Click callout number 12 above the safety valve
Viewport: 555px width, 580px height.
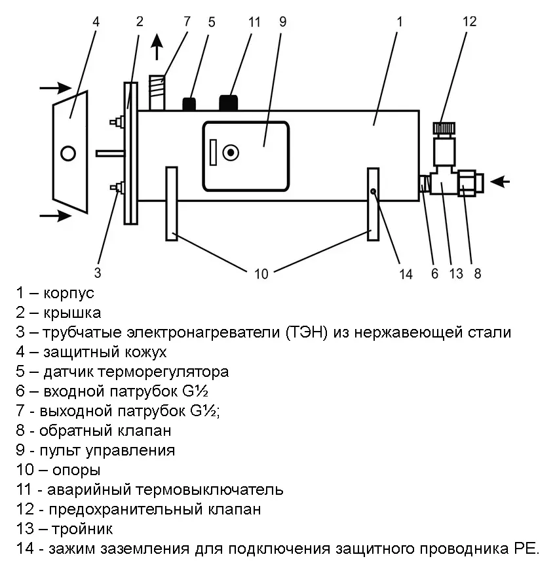[x=469, y=21]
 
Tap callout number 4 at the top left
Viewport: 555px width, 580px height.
[x=96, y=21]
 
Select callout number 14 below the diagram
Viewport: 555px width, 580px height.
[x=406, y=273]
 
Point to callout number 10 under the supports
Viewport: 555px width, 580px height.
[x=261, y=274]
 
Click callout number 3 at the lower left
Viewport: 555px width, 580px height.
[x=98, y=272]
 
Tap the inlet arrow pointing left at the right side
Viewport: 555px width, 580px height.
[x=500, y=182]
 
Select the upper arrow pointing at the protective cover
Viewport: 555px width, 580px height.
[x=55, y=88]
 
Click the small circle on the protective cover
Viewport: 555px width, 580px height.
[x=67, y=154]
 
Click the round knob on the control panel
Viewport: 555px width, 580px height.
[x=230, y=153]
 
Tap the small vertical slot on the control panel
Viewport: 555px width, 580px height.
[x=213, y=153]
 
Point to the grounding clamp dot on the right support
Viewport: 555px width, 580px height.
[x=373, y=192]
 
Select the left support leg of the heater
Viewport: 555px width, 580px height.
[x=172, y=204]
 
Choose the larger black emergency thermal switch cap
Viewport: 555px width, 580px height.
[x=228, y=104]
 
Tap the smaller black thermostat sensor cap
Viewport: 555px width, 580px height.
[x=189, y=104]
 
